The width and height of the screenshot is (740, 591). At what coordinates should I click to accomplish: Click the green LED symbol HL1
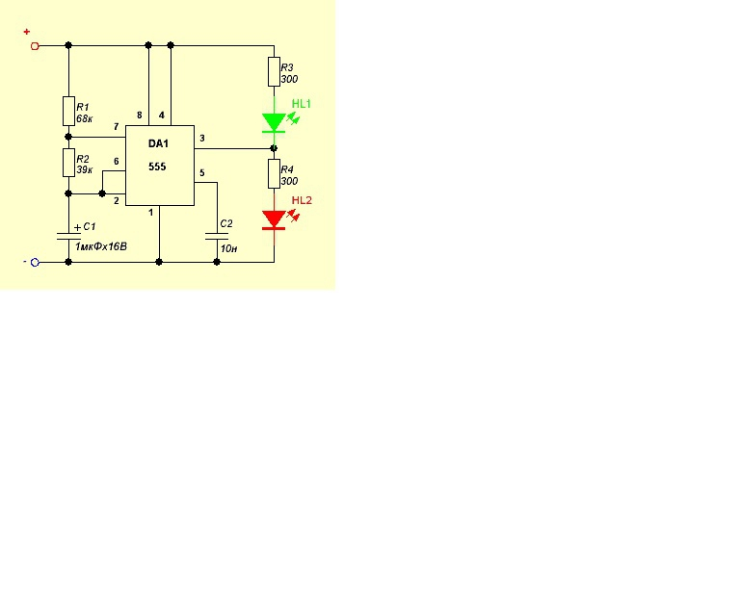click(274, 122)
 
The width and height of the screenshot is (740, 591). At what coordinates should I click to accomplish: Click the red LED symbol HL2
click(274, 220)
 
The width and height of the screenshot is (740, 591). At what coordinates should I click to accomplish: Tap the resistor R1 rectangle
click(69, 112)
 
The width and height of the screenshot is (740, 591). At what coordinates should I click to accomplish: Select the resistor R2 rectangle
click(69, 163)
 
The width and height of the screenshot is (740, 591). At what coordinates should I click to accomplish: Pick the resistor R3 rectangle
click(275, 72)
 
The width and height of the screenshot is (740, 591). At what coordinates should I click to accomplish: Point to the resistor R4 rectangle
click(275, 174)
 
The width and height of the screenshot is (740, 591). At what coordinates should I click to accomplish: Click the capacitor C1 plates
click(69, 236)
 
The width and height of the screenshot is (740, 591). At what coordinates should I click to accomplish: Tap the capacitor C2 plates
click(217, 236)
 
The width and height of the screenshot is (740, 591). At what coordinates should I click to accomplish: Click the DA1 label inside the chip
click(158, 143)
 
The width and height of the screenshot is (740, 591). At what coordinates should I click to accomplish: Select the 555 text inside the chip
click(157, 167)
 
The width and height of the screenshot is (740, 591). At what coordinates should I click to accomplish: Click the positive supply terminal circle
click(35, 46)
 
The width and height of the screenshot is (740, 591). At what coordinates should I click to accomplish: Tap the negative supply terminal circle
click(35, 263)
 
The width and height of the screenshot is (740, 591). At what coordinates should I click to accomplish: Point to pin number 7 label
click(116, 127)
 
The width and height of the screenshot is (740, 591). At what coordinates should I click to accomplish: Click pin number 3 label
click(202, 138)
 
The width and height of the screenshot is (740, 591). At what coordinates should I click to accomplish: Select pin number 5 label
click(202, 173)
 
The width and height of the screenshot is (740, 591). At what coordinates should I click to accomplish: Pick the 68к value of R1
click(85, 118)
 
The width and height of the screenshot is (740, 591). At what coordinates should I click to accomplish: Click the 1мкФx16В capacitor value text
click(101, 246)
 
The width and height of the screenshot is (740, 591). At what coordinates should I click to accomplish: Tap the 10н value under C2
click(229, 248)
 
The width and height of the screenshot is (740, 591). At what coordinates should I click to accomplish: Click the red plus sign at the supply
click(26, 32)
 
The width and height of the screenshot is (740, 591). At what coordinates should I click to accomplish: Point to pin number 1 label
click(151, 213)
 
